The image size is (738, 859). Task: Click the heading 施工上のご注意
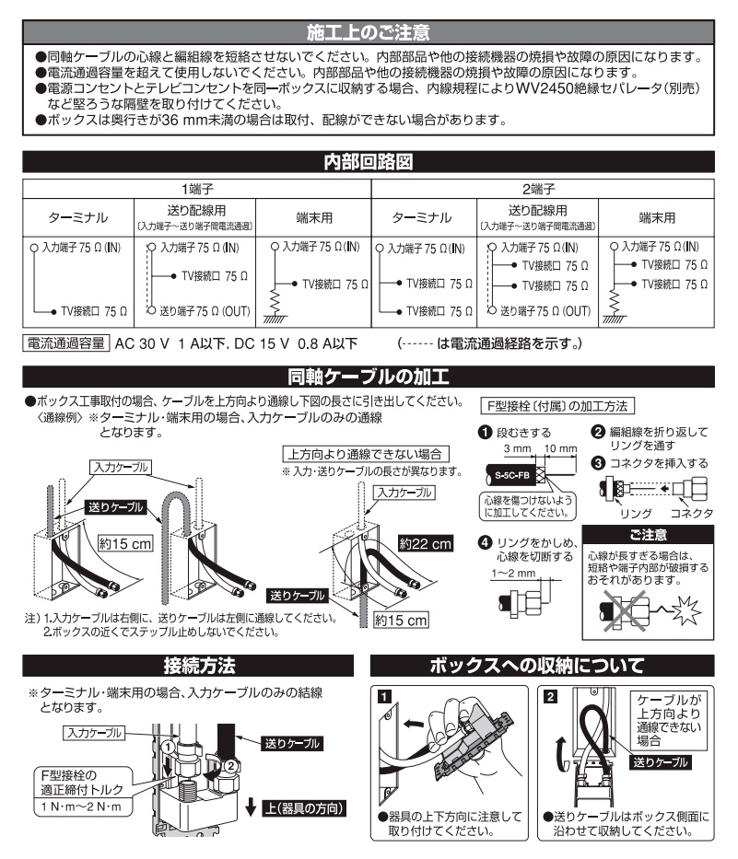(x=368, y=35)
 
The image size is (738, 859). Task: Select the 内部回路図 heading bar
(x=368, y=163)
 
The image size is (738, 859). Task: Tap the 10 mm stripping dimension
(x=560, y=448)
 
